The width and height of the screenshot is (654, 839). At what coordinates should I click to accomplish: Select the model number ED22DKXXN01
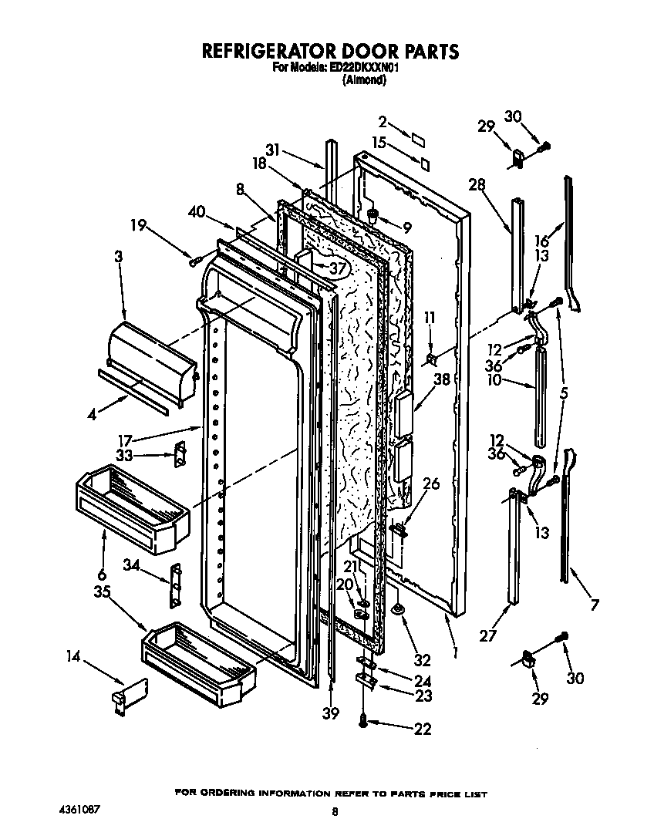(363, 68)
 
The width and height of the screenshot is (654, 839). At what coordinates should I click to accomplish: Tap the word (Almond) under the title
(363, 79)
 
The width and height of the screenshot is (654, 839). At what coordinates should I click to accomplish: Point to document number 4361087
(79, 810)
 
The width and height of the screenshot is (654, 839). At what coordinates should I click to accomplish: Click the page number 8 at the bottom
(333, 811)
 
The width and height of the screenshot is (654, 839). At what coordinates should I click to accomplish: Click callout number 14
(73, 657)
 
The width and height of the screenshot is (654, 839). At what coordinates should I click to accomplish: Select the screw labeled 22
(362, 721)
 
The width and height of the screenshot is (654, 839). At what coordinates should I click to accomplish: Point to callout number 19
(138, 225)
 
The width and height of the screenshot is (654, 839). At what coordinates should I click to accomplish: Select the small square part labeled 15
(424, 163)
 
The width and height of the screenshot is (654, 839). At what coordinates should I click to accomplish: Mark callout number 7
(593, 605)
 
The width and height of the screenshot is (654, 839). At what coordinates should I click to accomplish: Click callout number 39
(331, 713)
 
